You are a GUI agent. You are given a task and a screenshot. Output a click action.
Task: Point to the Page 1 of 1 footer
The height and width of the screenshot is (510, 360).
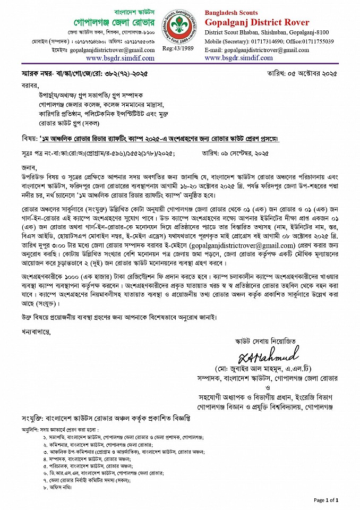(325, 500)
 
